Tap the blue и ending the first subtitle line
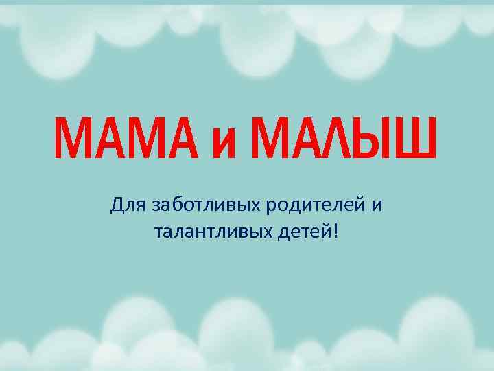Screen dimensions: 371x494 click(x=377, y=205)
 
